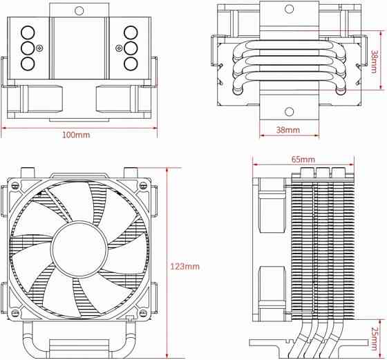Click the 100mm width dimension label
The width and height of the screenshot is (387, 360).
tap(76, 134)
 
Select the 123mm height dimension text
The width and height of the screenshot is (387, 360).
tap(185, 266)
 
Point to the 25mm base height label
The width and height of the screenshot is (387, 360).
tap(374, 337)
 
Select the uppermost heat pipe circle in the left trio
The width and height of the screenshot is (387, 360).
tap(28, 32)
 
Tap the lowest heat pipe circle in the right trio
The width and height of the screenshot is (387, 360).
tap(130, 64)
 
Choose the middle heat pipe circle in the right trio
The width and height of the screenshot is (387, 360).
tap(130, 48)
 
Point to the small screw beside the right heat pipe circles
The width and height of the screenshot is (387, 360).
tap(118, 48)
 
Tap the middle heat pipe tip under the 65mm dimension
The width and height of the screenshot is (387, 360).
tap(321, 172)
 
